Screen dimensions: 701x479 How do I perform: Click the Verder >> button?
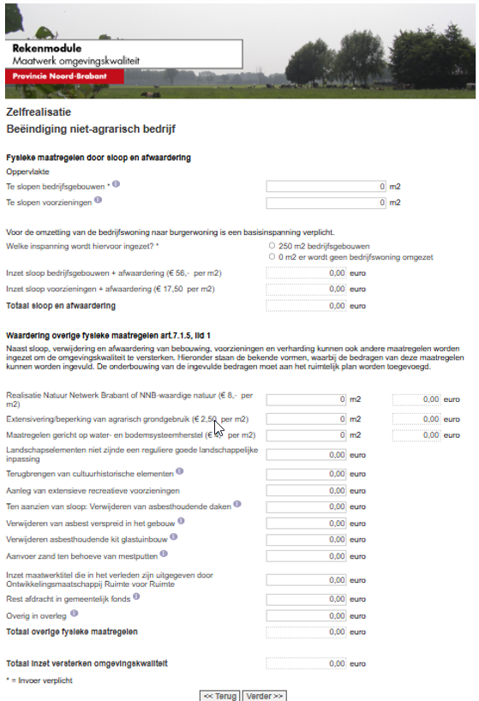pos(266,695)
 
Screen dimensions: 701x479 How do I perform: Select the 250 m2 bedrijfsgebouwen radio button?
pos(272,245)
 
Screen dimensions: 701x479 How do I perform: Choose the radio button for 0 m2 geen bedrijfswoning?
pos(272,256)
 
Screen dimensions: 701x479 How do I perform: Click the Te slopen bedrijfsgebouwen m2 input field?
pos(326,186)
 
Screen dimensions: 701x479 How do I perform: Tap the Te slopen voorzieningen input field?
pos(326,203)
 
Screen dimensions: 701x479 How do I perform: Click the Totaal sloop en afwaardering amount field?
pos(306,305)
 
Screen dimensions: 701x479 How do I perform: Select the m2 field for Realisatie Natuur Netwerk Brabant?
pos(306,399)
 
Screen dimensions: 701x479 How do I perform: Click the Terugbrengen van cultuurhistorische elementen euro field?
pos(306,474)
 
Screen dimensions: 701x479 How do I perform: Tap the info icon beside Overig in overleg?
pos(73,613)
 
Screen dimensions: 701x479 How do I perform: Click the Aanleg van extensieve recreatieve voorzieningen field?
pos(306,492)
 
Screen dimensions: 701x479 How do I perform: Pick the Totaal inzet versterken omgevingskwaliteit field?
pos(306,663)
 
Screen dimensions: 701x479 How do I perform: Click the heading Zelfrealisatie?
pos(39,112)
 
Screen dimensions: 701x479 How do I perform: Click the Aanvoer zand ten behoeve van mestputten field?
pos(306,557)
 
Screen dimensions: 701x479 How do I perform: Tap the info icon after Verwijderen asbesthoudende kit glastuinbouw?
pos(174,537)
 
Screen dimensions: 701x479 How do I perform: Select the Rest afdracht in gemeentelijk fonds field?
pos(306,599)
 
